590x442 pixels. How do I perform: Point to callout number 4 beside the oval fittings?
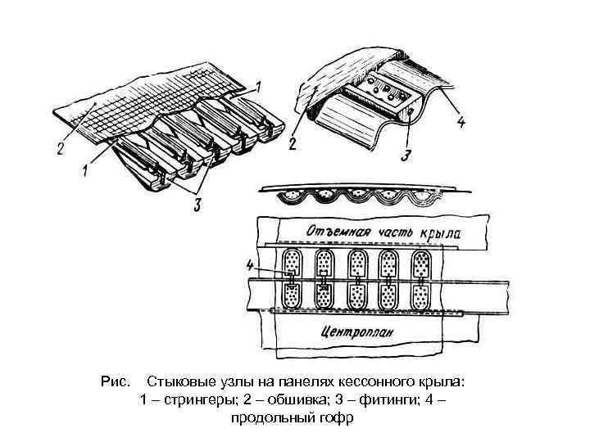point(250,264)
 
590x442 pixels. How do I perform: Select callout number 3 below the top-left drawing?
point(197,205)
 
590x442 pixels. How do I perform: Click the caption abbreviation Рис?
point(115,382)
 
